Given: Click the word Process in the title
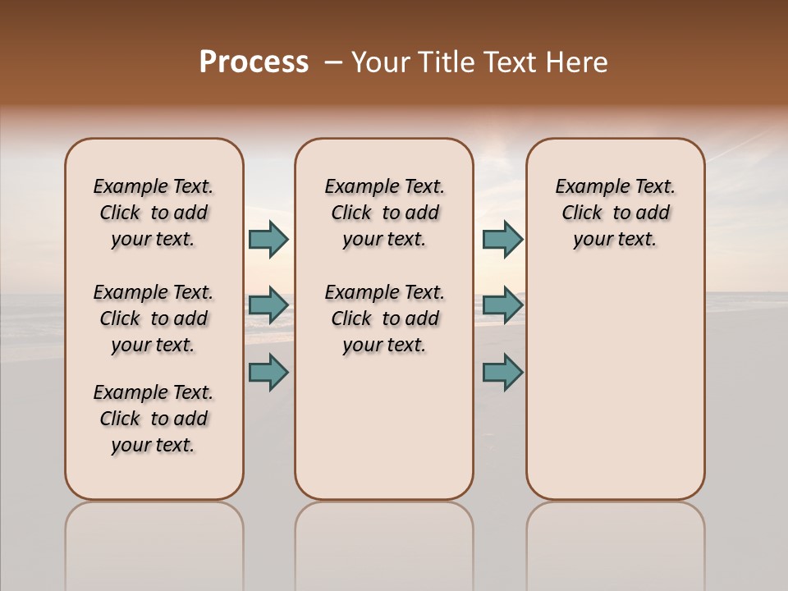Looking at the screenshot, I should (254, 62).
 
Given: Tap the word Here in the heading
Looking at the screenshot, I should (577, 62).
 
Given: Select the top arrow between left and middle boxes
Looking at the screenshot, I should (268, 239).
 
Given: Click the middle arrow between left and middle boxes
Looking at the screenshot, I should (268, 305).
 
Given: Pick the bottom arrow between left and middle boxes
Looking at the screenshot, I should (268, 372).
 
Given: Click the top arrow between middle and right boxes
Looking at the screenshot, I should (502, 239).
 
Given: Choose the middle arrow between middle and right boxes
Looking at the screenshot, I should (502, 305).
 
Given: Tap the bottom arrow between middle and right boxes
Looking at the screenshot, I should (502, 372).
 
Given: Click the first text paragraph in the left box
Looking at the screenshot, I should (153, 213).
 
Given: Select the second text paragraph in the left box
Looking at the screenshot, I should (153, 318).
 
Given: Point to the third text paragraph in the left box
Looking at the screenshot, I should (153, 419).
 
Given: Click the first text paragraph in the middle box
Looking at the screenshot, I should (384, 213).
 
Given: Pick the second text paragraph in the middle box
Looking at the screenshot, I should (384, 318).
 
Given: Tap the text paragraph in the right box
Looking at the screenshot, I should (615, 213).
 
